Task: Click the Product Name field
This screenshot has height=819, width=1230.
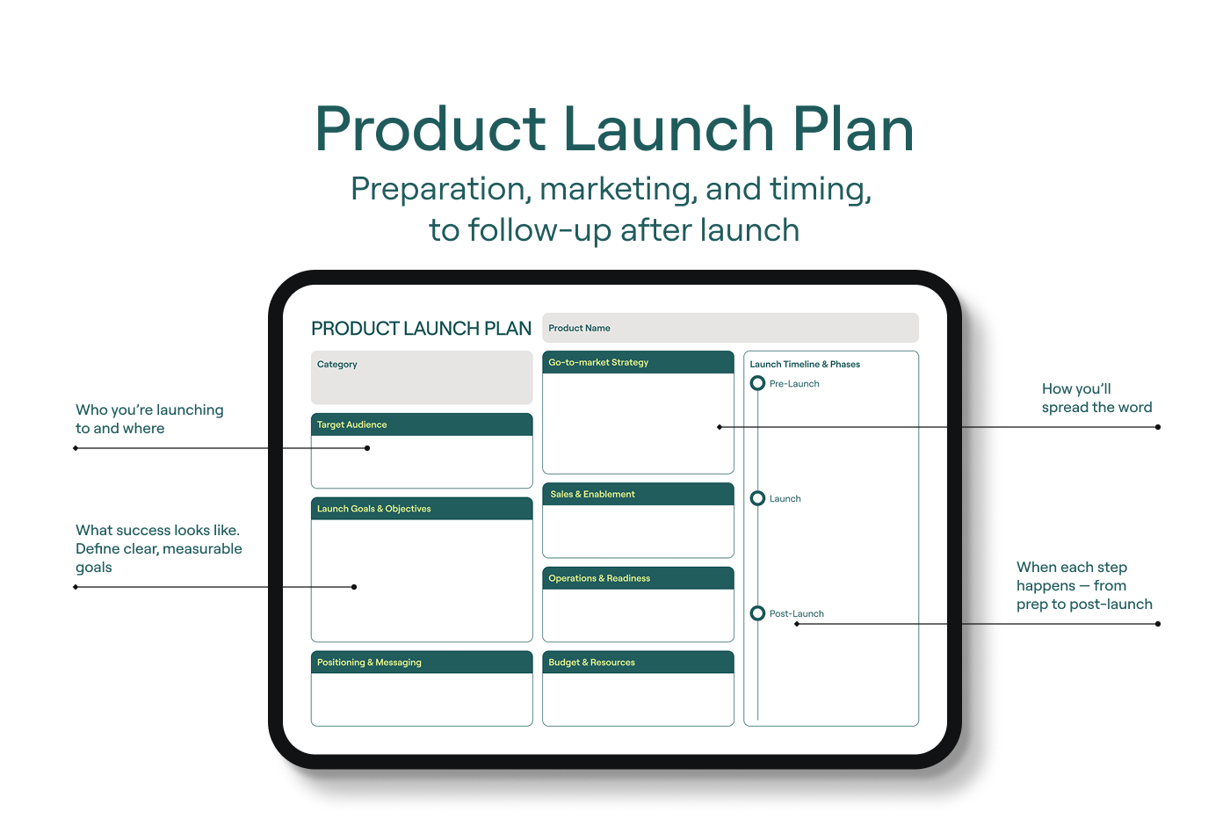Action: pos(730,328)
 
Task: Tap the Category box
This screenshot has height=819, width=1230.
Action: pos(422,377)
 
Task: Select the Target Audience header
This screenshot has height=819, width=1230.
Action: pos(422,424)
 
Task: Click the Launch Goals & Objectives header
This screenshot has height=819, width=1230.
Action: pos(422,509)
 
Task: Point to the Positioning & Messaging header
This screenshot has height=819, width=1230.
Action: pos(422,663)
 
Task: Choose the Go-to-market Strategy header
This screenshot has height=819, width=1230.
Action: pos(638,363)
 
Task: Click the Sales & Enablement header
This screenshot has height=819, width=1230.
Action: pos(638,495)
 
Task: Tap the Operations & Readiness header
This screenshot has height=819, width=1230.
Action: pos(638,578)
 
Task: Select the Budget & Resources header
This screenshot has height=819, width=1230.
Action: pos(638,663)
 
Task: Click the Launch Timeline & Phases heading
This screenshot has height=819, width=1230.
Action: pos(805,364)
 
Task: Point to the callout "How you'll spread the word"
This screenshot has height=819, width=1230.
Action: pos(1096,398)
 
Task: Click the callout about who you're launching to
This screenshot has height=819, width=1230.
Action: pos(149,419)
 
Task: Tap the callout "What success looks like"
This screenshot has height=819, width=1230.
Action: pos(159,548)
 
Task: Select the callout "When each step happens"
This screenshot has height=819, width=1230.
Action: pos(1084,585)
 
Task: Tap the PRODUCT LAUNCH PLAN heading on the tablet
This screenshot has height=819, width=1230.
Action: pos(421,329)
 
